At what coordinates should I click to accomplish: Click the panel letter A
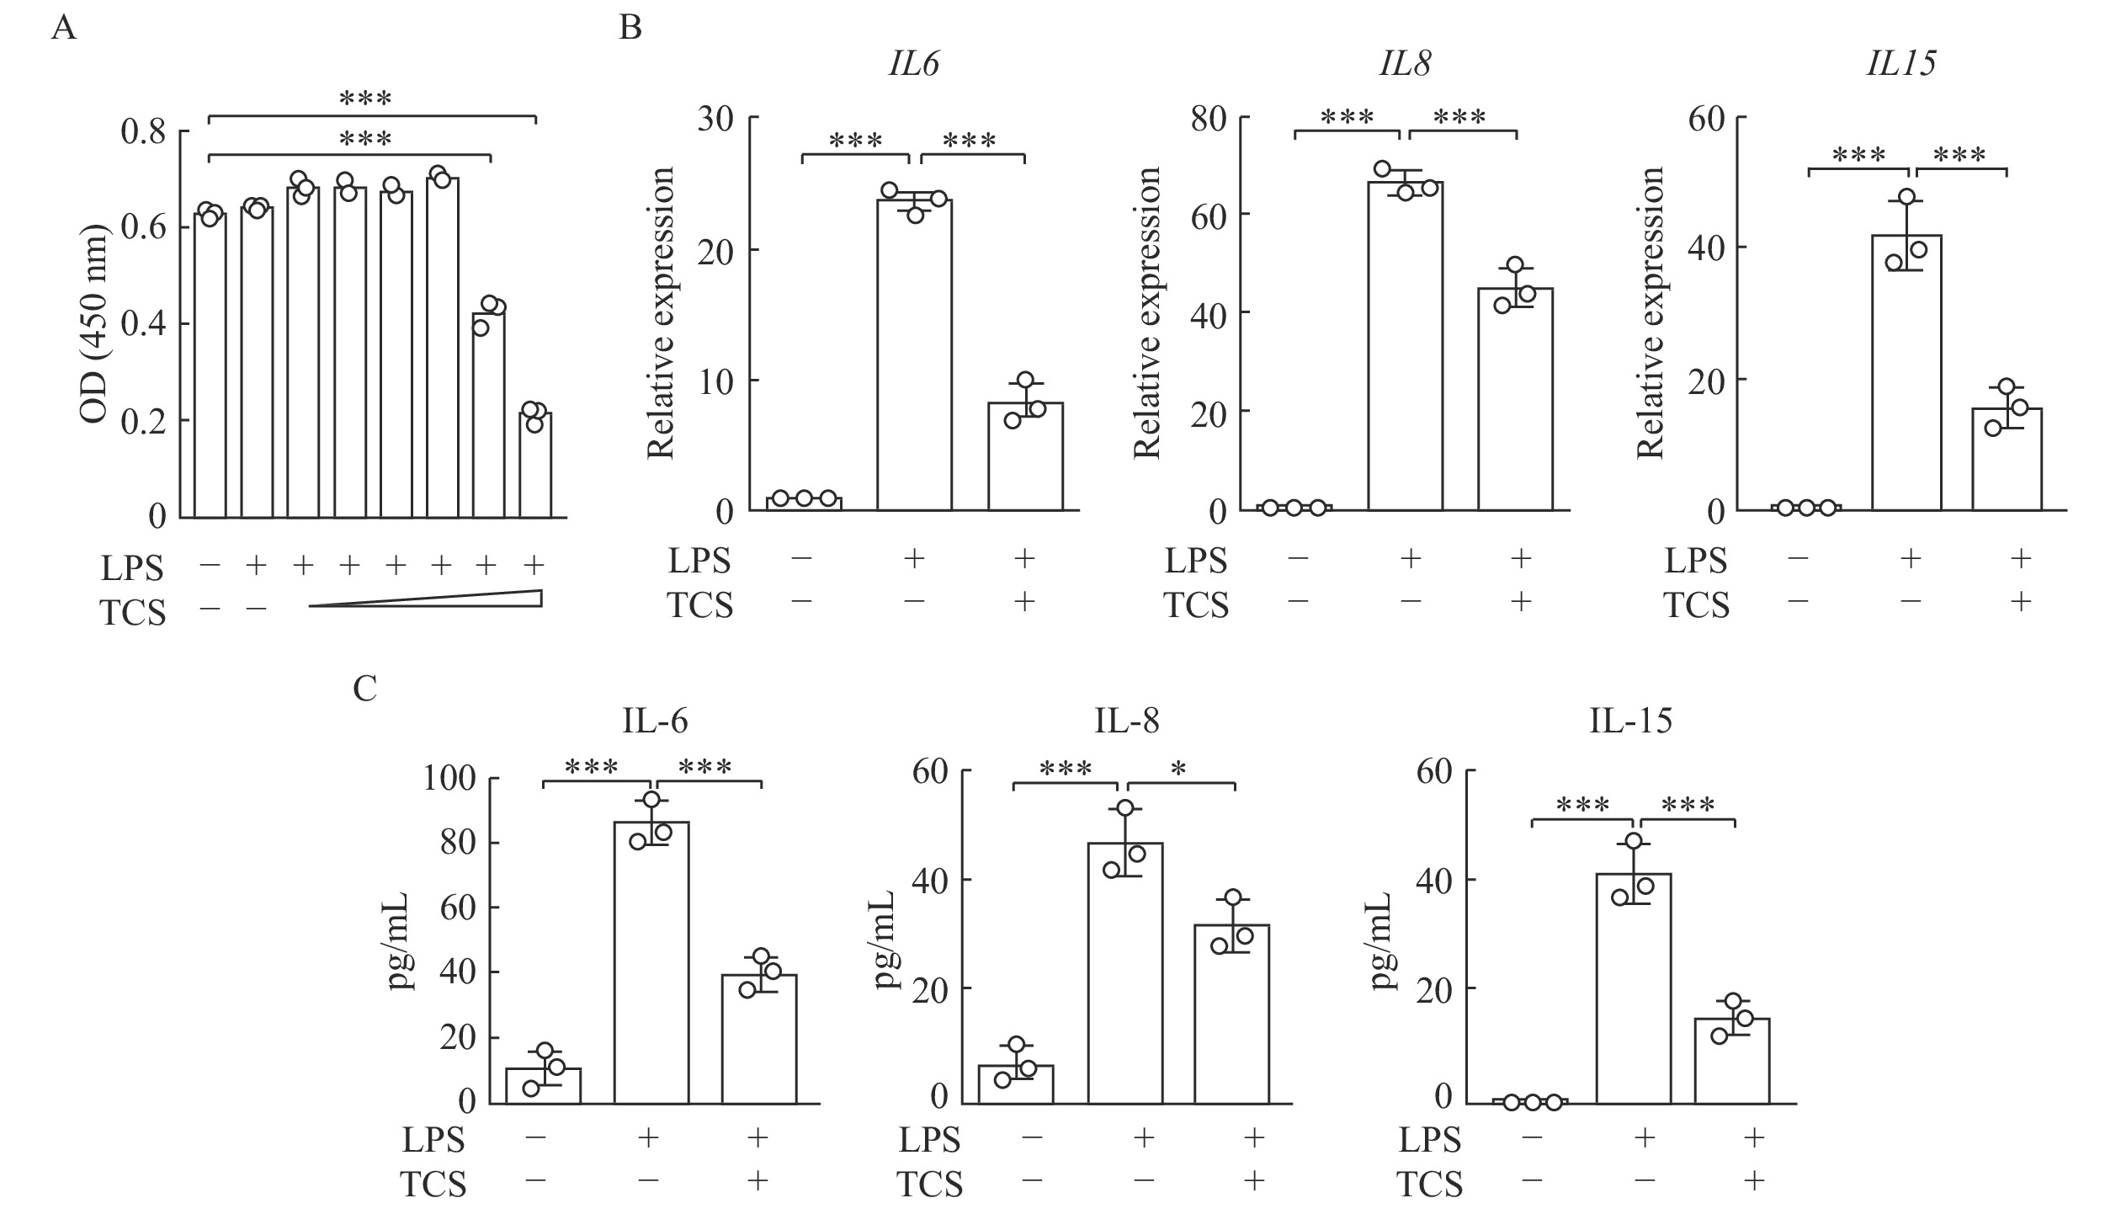pyautogui.click(x=64, y=29)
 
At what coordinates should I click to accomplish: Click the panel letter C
pyautogui.click(x=364, y=689)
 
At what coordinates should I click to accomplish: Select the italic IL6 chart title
pyautogui.click(x=913, y=65)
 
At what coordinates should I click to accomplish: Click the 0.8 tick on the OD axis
pyautogui.click(x=144, y=132)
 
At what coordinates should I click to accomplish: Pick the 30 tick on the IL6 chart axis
pyautogui.click(x=716, y=119)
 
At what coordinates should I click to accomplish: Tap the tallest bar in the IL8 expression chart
pyautogui.click(x=1405, y=346)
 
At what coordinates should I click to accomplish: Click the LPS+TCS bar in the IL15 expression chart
pyautogui.click(x=2007, y=459)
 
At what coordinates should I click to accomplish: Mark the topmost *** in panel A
pyautogui.click(x=365, y=99)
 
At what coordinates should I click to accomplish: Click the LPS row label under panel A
pyautogui.click(x=132, y=567)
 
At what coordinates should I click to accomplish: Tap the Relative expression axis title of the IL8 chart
pyautogui.click(x=1147, y=313)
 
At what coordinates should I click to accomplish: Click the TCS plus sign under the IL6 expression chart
pyautogui.click(x=1024, y=602)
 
